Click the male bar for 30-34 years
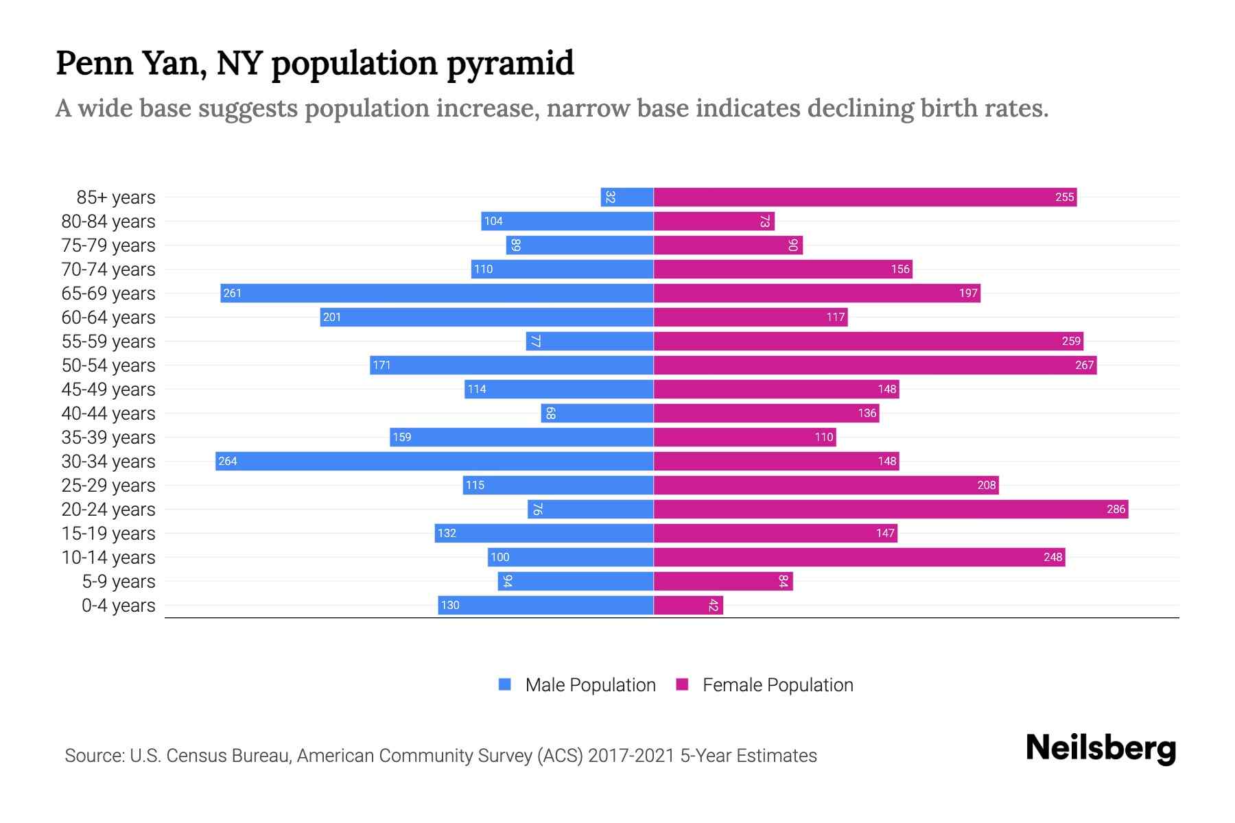[434, 461]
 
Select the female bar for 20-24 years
[891, 509]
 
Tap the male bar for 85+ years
[626, 197]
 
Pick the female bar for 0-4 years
[688, 605]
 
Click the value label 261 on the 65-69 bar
[232, 293]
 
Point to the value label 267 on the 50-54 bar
[1084, 365]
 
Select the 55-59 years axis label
[108, 341]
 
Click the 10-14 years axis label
[108, 557]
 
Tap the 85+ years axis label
[116, 197]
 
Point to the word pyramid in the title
[510, 63]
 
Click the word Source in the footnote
[93, 755]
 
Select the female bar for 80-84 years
[714, 221]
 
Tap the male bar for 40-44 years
[597, 413]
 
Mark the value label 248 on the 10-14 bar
[1052, 557]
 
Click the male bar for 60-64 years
[486, 317]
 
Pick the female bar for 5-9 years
[723, 581]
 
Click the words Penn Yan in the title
[130, 63]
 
